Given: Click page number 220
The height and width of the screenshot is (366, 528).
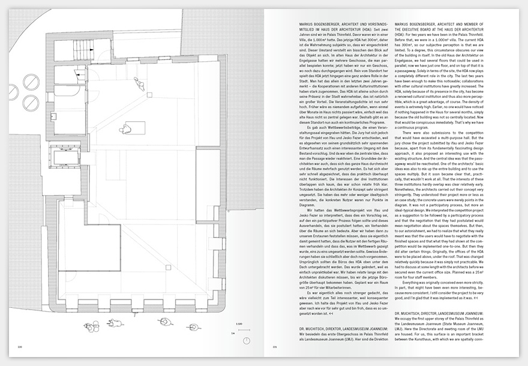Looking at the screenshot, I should coord(19,346).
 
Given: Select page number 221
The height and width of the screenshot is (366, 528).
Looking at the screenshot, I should coord(274,346).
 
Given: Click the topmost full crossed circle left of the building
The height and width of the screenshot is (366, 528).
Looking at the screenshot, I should coord(32,81).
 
